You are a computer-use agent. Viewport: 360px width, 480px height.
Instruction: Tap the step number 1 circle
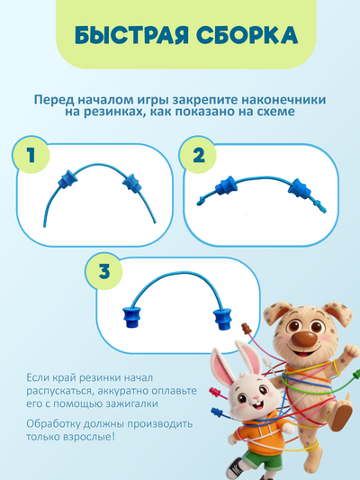[x=31, y=155]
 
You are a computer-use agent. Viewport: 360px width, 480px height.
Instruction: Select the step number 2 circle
[x=199, y=155]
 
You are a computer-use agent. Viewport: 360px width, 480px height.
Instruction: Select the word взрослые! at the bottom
[x=93, y=439]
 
